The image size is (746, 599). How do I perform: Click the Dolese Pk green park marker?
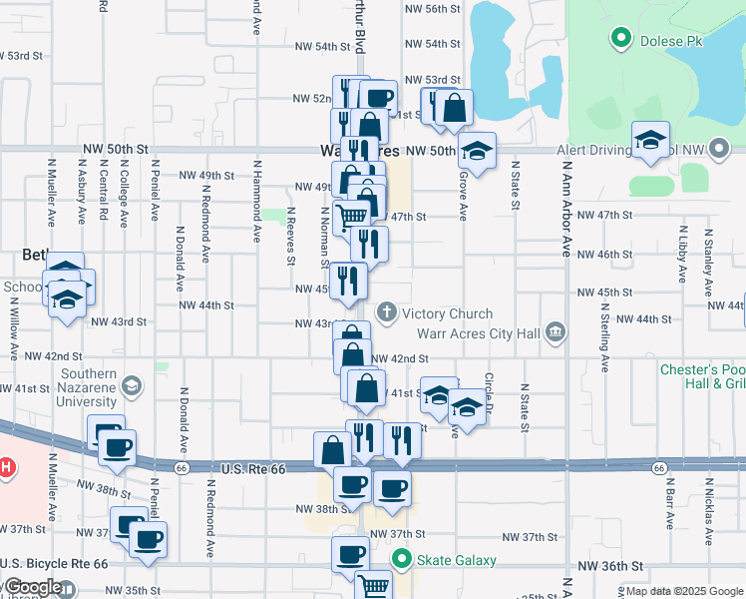point(621,39)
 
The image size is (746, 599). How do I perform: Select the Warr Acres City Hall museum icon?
point(556,330)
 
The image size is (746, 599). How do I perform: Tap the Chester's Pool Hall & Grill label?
point(702,378)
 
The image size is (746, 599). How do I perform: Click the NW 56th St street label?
point(432,8)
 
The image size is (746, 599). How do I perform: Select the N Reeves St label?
point(291,236)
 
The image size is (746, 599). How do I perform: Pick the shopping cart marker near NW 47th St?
point(352,217)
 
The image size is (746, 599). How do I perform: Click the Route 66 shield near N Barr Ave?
point(660,467)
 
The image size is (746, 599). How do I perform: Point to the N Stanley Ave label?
point(708,256)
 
